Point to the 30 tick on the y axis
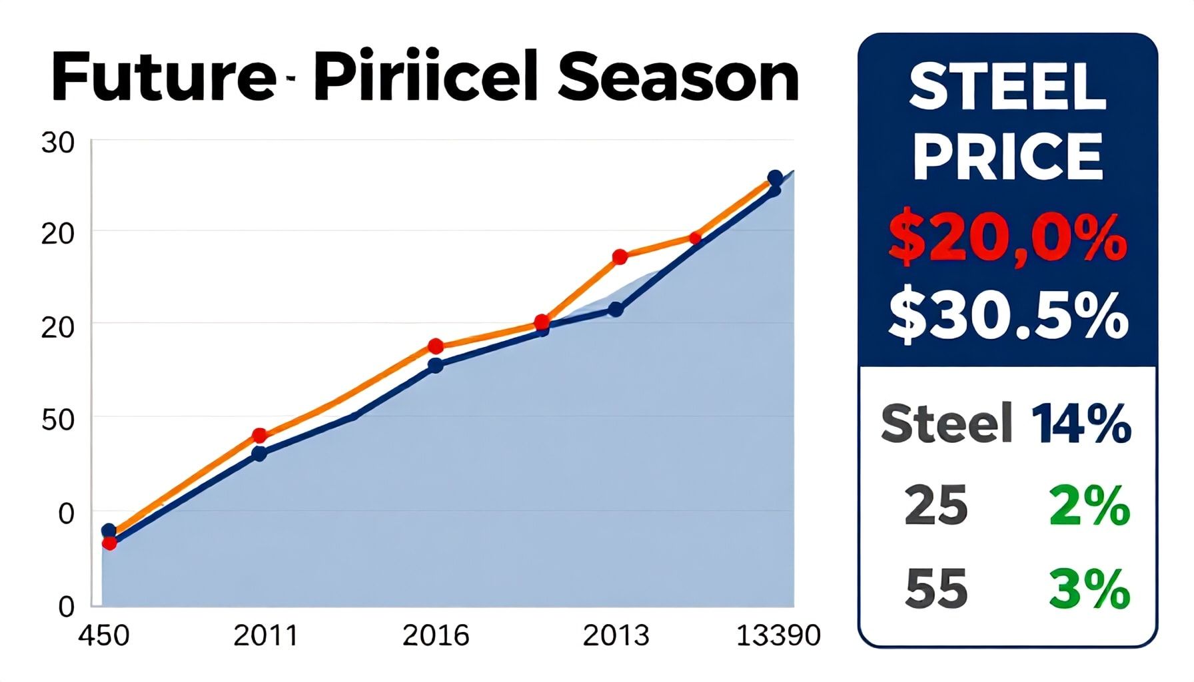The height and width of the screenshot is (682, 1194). pyautogui.click(x=57, y=143)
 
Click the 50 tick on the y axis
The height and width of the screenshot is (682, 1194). pyautogui.click(x=57, y=420)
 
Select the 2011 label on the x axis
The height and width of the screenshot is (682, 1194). pyautogui.click(x=265, y=635)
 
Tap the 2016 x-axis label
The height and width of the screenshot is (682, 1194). pyautogui.click(x=436, y=635)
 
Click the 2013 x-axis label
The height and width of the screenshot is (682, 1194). pyautogui.click(x=616, y=635)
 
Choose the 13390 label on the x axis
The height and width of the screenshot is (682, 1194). pyautogui.click(x=778, y=635)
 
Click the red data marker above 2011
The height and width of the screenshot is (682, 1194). pyautogui.click(x=260, y=436)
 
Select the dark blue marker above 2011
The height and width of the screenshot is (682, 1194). pyautogui.click(x=259, y=454)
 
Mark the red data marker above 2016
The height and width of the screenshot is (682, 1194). pyautogui.click(x=436, y=346)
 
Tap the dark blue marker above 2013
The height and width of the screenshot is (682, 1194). pyautogui.click(x=616, y=310)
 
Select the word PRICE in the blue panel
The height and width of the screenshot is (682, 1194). pyautogui.click(x=1007, y=157)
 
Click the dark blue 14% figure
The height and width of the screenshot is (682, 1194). pyautogui.click(x=1081, y=424)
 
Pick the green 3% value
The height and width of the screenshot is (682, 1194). pyautogui.click(x=1089, y=589)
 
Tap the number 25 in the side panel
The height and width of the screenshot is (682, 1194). pyautogui.click(x=935, y=506)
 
